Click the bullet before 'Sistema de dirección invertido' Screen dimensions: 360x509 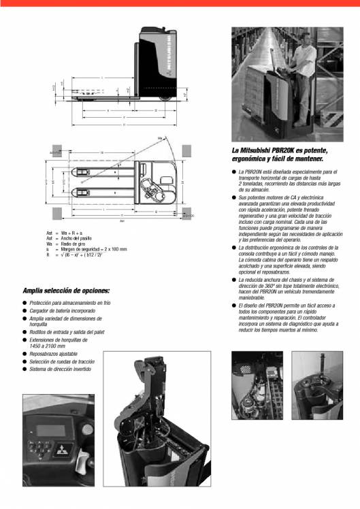pos(24,370)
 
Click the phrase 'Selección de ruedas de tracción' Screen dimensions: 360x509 pos(63,362)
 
